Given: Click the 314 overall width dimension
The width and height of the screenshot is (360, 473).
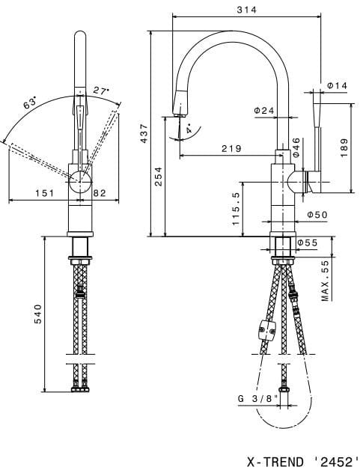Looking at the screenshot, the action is [246, 10].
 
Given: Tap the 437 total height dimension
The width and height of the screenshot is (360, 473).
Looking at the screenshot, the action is [144, 133].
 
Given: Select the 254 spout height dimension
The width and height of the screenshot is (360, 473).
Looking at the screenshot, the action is [159, 177].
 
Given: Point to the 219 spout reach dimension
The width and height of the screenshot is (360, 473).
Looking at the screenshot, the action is [231, 148].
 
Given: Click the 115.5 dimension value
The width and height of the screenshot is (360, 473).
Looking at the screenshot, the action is [236, 209].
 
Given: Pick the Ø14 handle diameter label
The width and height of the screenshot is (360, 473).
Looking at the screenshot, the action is [337, 85].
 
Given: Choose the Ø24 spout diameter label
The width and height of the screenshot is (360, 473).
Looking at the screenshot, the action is [264, 111].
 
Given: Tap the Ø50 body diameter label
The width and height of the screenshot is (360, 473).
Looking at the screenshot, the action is [317, 215].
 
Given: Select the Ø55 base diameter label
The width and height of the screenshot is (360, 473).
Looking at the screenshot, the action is [308, 242].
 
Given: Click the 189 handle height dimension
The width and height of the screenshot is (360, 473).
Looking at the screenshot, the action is [344, 148].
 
